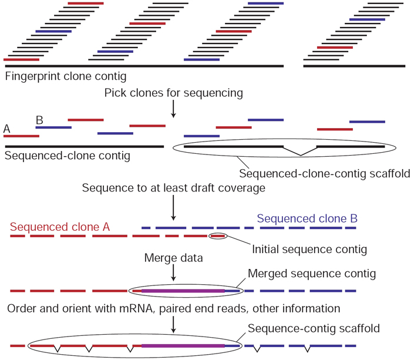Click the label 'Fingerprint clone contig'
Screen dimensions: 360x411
[65, 76]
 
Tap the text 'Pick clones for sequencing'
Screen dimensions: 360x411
[173, 93]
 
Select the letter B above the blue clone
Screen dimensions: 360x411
[39, 120]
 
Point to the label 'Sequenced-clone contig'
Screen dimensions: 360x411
[67, 156]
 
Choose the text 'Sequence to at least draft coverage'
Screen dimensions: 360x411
[173, 189]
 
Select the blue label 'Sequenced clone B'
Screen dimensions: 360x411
[307, 218]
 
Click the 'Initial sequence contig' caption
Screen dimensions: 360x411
[309, 249]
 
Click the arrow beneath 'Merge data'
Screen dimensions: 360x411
[173, 273]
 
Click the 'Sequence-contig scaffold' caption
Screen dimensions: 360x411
[304, 328]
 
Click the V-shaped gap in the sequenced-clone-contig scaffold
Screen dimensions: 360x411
[300, 152]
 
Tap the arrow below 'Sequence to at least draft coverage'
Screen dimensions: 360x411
[173, 208]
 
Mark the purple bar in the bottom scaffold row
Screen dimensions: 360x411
[183, 346]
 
